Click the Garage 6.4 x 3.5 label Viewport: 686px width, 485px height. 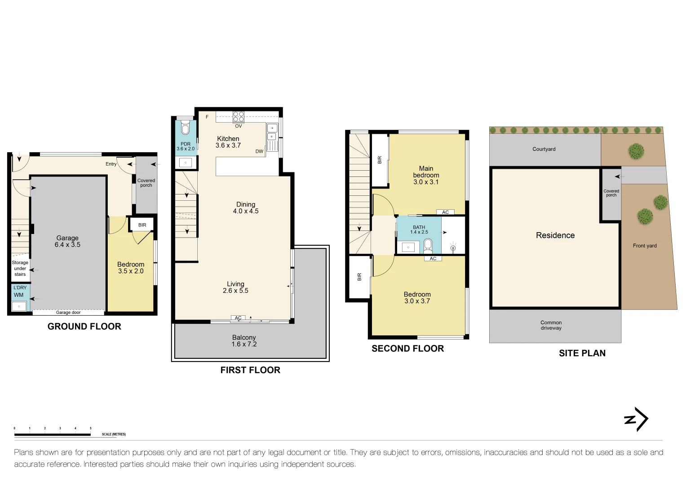[67, 241]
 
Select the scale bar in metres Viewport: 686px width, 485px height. [53, 434]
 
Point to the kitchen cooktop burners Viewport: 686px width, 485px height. [239, 117]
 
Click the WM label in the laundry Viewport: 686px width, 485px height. [18, 295]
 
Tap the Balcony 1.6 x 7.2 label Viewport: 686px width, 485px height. [244, 341]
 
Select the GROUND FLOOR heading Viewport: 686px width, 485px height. [84, 326]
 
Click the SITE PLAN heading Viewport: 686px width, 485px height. [582, 353]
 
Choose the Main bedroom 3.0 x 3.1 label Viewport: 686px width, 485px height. [426, 175]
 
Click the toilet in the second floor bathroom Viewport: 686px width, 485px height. [428, 246]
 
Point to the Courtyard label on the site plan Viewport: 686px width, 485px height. [544, 149]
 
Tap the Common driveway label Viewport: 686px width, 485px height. [551, 325]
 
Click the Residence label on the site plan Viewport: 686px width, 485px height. [555, 235]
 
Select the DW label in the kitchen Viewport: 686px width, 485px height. [259, 151]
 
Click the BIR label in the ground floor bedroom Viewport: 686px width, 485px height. [142, 225]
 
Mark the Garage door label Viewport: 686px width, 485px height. [68, 313]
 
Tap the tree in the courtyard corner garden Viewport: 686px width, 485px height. [636, 151]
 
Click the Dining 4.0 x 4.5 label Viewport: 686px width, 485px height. [246, 207]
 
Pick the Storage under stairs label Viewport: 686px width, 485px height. [20, 268]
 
